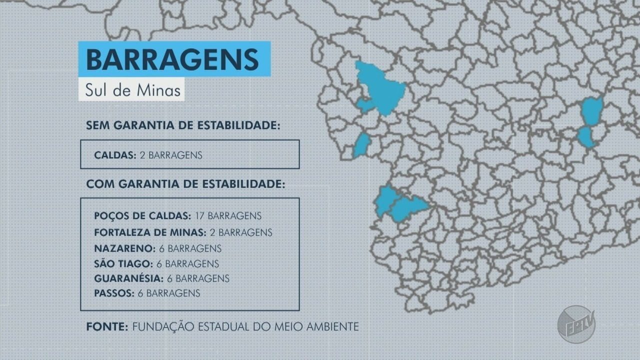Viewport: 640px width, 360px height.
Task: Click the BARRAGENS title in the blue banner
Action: pyautogui.click(x=172, y=59)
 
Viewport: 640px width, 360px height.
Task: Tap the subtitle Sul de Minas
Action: pyautogui.click(x=131, y=90)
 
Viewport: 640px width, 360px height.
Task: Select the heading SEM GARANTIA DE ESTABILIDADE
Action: pyautogui.click(x=182, y=125)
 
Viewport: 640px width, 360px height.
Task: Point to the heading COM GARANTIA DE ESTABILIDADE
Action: pyautogui.click(x=185, y=184)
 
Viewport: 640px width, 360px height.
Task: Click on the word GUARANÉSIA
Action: pyautogui.click(x=127, y=278)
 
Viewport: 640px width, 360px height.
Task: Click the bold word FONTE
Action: pyautogui.click(x=107, y=327)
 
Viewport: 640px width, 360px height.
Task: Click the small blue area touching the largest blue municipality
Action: pyautogui.click(x=364, y=105)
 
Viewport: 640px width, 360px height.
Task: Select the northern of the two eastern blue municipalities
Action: pyautogui.click(x=592, y=111)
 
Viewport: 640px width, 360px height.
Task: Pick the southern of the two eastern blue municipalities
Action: pyautogui.click(x=585, y=137)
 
